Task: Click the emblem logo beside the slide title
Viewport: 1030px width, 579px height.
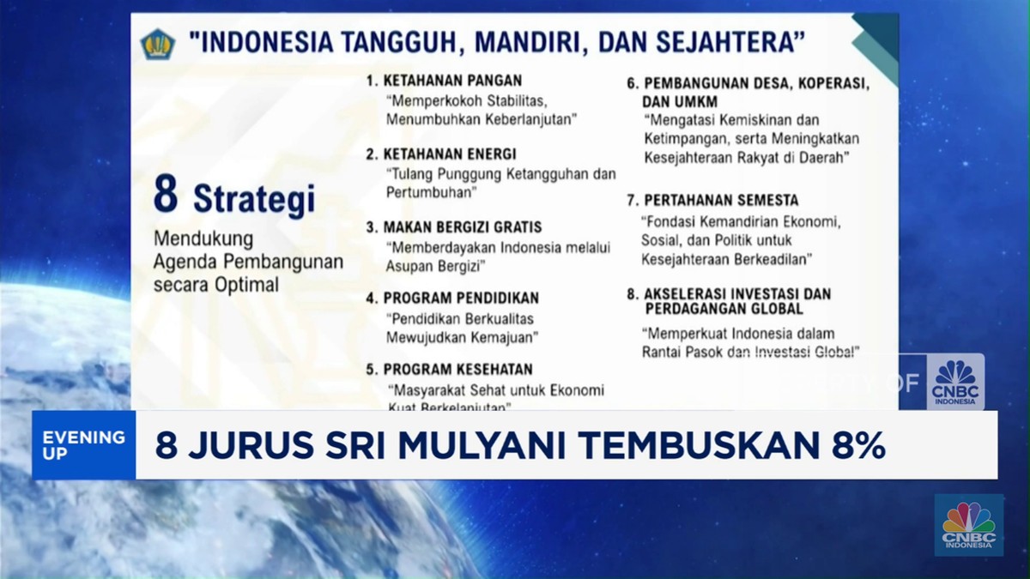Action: (157, 45)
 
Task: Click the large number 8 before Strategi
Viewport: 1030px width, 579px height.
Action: (167, 196)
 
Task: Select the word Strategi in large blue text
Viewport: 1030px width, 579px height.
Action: (254, 199)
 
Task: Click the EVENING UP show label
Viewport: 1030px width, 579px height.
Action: (83, 444)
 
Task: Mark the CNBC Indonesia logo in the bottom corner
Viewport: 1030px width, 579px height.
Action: (969, 524)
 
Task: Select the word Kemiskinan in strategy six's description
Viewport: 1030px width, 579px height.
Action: (760, 119)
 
